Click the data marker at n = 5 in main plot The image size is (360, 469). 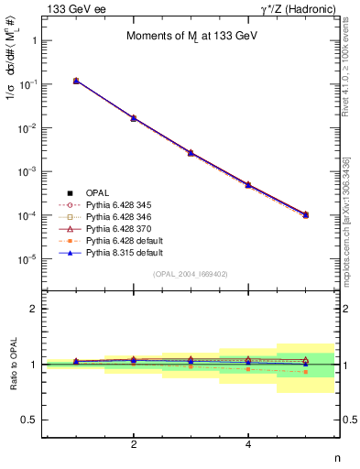(x=306, y=214)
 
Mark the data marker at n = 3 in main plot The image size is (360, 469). (x=191, y=152)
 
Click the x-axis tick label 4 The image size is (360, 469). (x=248, y=444)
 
